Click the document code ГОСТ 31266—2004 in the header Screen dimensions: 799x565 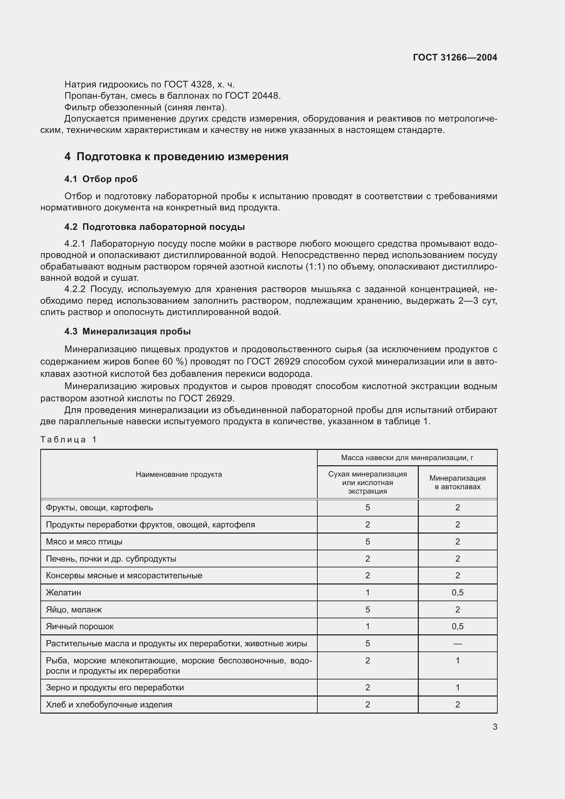coord(455,57)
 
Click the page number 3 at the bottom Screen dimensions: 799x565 coord(495,727)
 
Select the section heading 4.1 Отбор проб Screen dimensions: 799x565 coord(101,179)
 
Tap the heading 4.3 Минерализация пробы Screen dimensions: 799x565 coord(127,331)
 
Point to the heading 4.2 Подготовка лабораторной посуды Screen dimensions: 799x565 coord(154,227)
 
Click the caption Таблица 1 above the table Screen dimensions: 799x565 coord(68,440)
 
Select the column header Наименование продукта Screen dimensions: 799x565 coord(178,474)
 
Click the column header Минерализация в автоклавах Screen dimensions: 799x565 coord(457,482)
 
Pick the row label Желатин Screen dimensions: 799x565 coord(63,592)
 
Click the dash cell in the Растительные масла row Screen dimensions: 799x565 coord(457,644)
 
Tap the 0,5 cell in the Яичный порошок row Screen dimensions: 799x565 coord(457,626)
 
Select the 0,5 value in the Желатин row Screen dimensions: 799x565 coord(457,592)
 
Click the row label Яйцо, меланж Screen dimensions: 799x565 coord(74,609)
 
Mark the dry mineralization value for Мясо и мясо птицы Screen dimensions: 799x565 coord(368,541)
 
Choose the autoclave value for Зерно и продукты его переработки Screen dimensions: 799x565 coord(457,687)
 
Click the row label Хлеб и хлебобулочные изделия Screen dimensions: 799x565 coord(109,704)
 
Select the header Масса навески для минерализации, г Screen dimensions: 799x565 coord(407,458)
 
